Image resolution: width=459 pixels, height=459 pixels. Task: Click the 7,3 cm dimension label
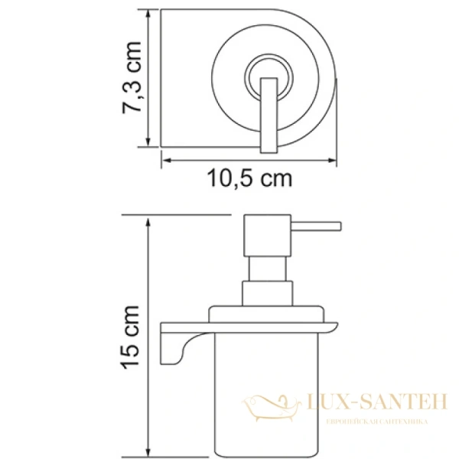click(132, 80)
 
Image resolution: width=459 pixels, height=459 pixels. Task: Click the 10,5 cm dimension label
click(249, 181)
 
